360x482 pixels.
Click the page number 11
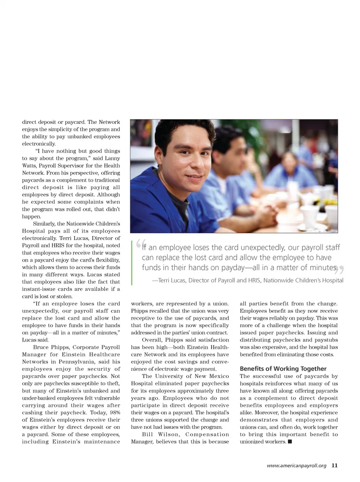334,465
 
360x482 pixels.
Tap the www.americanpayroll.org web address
296,465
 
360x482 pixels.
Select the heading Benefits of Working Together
283,369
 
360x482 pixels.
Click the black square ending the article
290,442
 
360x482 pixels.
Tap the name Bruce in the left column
41,347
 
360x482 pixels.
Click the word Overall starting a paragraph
152,340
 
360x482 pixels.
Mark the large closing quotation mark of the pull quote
341,270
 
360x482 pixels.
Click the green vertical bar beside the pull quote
132,263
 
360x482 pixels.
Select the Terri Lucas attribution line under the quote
247,280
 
